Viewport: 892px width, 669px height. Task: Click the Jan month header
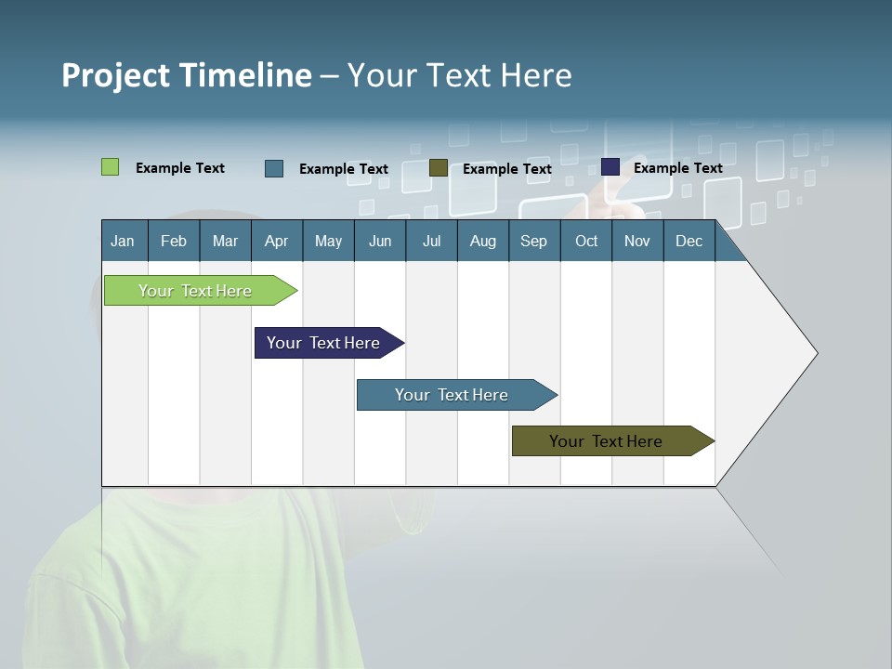[x=123, y=241]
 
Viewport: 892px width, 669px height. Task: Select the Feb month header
[x=174, y=241]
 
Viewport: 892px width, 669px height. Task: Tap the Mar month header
[x=225, y=241]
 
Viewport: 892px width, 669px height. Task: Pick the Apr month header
[x=277, y=241]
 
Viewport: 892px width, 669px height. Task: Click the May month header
[x=328, y=241]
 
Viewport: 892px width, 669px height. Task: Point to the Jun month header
[x=380, y=241]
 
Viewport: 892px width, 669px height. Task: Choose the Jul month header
[x=431, y=241]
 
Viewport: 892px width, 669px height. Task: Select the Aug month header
[x=483, y=241]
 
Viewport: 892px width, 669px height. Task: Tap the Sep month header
[x=534, y=241]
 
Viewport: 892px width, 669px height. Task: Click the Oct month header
[x=586, y=241]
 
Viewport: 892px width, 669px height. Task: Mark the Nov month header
[x=637, y=241]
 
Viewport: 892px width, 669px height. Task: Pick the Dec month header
[x=689, y=241]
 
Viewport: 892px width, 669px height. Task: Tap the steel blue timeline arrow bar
[x=453, y=395]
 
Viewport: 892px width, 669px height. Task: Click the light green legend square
[x=110, y=167]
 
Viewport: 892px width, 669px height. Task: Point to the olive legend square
[x=439, y=168]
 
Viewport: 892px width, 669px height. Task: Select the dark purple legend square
[x=610, y=167]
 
